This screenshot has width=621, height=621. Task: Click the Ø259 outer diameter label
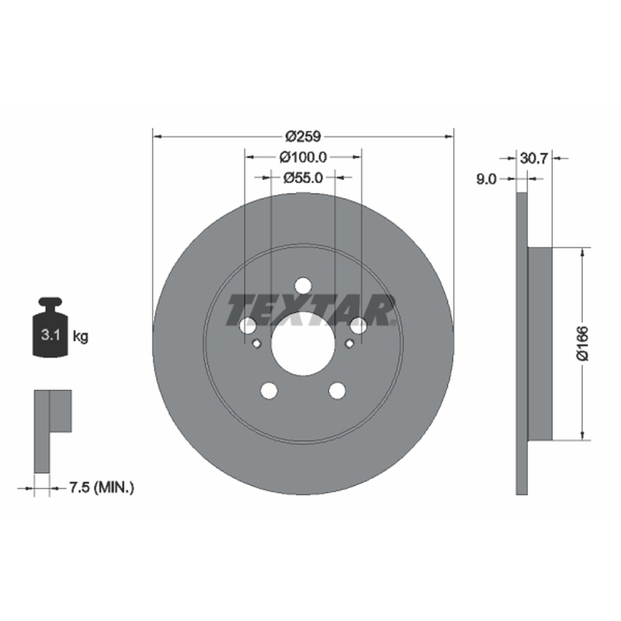pyautogui.click(x=303, y=137)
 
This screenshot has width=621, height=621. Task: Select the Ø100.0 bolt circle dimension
pyautogui.click(x=304, y=158)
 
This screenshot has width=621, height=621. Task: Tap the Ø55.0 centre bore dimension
pyautogui.click(x=304, y=178)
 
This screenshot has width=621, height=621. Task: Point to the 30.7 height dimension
pyautogui.click(x=533, y=158)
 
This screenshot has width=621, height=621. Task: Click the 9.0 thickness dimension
pyautogui.click(x=486, y=179)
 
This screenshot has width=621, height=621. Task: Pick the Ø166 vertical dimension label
pyautogui.click(x=583, y=343)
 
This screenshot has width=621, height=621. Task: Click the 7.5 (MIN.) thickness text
pyautogui.click(x=102, y=487)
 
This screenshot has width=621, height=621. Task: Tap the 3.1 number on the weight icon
pyautogui.click(x=50, y=335)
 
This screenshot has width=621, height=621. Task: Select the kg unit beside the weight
pyautogui.click(x=81, y=337)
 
